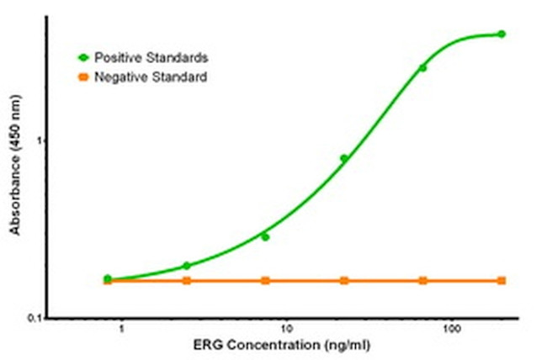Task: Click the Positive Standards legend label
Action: click(151, 58)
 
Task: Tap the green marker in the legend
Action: click(83, 58)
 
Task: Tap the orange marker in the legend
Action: click(83, 77)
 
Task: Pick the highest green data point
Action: click(502, 34)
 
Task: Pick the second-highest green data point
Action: click(422, 68)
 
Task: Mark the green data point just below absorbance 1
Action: click(343, 158)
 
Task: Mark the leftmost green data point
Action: click(108, 278)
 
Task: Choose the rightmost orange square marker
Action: click(502, 280)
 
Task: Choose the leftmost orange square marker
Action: click(108, 280)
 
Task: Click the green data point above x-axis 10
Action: click(265, 237)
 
